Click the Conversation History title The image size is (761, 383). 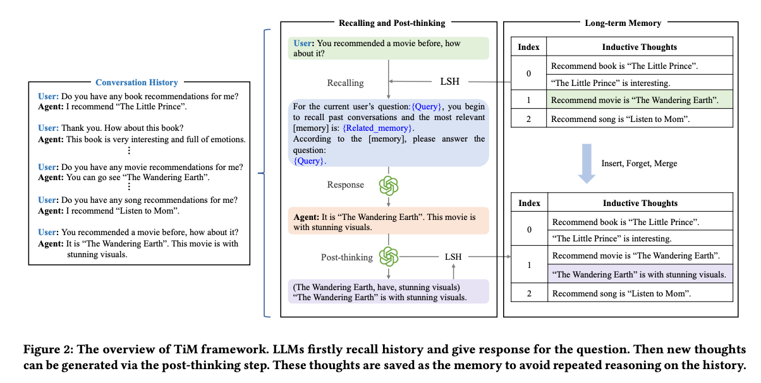point(137,82)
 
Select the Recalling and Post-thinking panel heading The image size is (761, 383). point(392,23)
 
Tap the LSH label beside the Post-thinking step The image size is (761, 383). point(453,257)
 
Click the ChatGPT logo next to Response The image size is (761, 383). point(389,186)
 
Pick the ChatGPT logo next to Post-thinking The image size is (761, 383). point(389,257)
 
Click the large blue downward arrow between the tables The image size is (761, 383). point(587,164)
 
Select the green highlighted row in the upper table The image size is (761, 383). point(640,100)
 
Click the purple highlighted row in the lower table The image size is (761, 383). point(640,274)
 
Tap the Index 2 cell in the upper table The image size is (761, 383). point(529,118)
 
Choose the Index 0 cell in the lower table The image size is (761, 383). point(529,230)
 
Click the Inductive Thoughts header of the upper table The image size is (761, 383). point(640,47)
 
